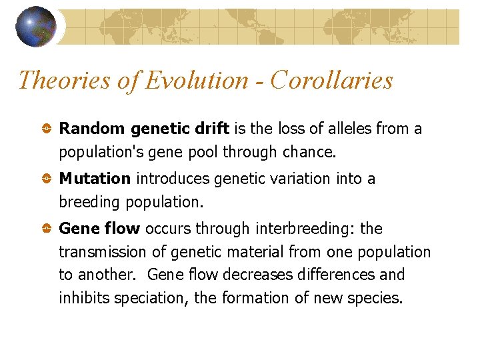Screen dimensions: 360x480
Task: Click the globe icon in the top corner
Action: click(x=35, y=27)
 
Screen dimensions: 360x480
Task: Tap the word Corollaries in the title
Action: click(x=332, y=80)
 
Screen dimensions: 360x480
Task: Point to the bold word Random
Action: click(x=93, y=129)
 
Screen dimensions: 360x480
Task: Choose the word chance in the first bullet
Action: click(x=309, y=152)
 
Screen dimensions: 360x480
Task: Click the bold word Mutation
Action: click(x=95, y=179)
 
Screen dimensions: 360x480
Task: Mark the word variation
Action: click(x=309, y=179)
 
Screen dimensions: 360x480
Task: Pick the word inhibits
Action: click(x=84, y=297)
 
